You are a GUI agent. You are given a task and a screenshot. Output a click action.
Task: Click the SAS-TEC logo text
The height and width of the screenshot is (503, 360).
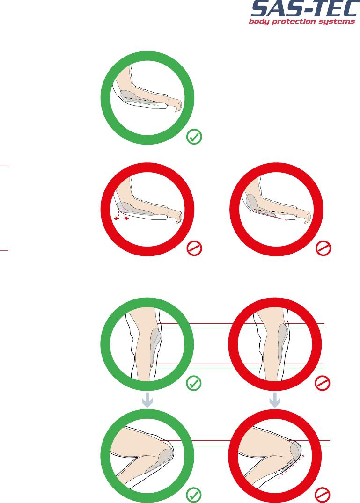(x=304, y=8)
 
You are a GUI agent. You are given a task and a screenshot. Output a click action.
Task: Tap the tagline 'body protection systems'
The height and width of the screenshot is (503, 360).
(x=302, y=22)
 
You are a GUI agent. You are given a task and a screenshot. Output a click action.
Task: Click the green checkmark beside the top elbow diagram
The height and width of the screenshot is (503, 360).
(x=194, y=137)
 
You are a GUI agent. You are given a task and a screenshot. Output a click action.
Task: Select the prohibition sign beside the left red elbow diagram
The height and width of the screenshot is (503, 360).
(x=194, y=248)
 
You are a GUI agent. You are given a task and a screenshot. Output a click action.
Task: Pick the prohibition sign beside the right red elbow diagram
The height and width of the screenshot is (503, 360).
(x=323, y=248)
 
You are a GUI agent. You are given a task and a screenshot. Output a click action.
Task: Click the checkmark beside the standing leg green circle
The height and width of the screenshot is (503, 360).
(x=194, y=383)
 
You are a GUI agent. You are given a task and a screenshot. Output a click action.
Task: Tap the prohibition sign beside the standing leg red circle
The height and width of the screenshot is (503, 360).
(x=323, y=383)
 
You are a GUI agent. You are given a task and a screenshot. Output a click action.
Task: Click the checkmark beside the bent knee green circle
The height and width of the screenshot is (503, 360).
(x=194, y=495)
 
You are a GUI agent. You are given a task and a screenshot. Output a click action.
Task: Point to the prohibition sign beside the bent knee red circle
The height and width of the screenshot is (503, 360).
(x=323, y=495)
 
